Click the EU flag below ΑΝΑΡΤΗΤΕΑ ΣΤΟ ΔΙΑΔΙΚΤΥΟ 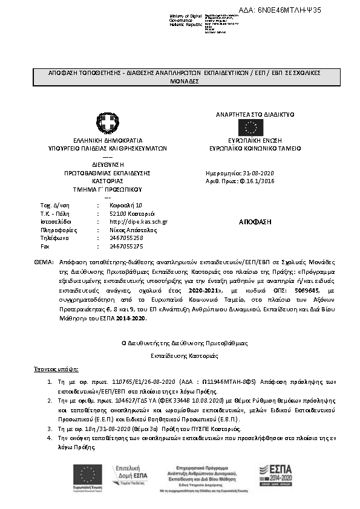[x=250, y=127]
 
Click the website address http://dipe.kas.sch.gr [x=138, y=222]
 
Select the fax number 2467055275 [x=126, y=247]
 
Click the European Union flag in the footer [x=88, y=472]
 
